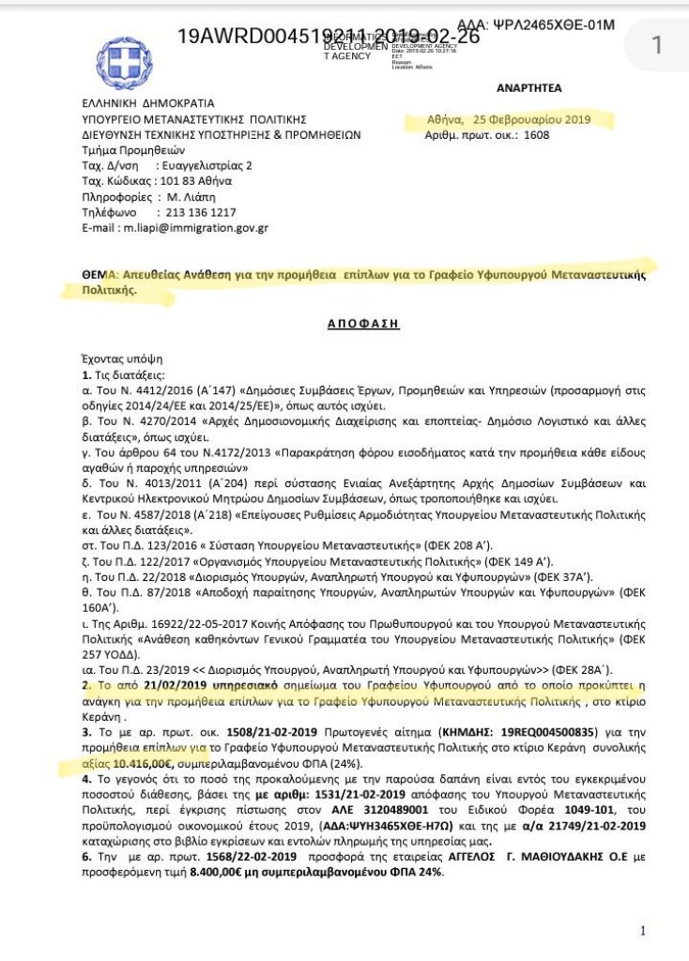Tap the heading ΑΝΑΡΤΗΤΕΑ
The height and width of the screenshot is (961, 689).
528,87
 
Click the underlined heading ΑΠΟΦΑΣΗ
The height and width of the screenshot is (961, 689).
363,323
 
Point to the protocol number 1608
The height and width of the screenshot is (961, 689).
536,135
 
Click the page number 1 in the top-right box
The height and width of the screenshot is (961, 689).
656,44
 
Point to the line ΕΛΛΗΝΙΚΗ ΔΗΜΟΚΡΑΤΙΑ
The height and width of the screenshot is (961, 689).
147,103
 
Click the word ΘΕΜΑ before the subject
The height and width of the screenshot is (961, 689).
98,275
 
